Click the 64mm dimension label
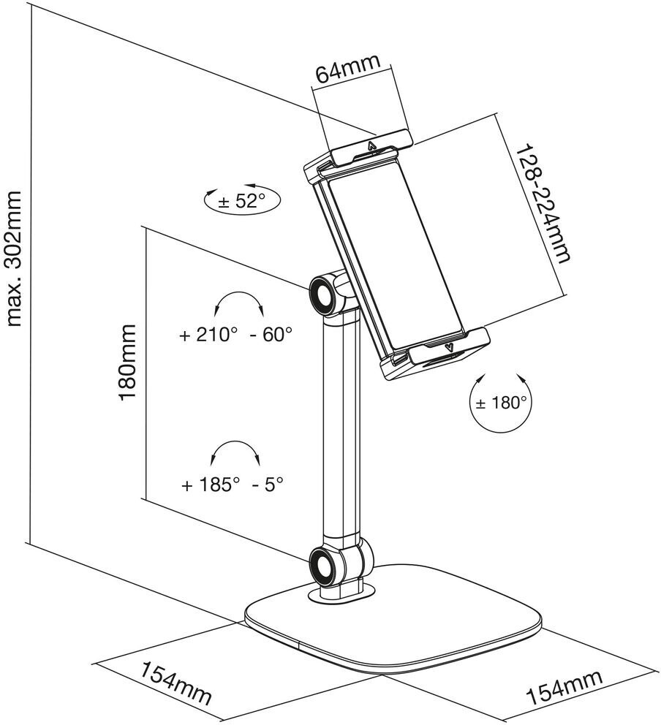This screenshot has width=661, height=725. click(347, 69)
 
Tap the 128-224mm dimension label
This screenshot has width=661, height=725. click(542, 203)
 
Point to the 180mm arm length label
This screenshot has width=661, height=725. click(128, 362)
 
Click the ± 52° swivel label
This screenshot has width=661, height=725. click(241, 201)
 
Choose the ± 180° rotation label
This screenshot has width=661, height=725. click(502, 403)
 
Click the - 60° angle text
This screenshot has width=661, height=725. click(271, 334)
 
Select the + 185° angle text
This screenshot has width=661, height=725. click(211, 485)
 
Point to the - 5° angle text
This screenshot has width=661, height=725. click(268, 485)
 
